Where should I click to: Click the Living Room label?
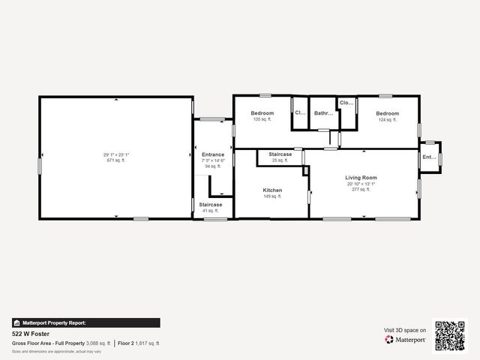(361, 178)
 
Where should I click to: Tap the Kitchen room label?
(272, 190)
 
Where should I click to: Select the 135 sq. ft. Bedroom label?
(262, 113)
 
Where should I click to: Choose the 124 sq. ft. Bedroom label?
(388, 113)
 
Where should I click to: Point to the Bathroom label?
(323, 114)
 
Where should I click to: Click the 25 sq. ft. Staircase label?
(280, 154)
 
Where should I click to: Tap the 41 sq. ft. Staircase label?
(211, 205)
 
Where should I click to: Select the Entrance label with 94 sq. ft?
(213, 155)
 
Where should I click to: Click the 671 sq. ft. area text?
(116, 160)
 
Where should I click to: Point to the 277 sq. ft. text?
(361, 190)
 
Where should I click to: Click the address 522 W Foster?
(27, 333)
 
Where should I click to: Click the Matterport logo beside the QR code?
(406, 340)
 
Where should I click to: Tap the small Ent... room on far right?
(428, 157)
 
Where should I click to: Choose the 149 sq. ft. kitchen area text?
(272, 196)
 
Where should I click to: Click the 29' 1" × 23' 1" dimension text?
(116, 154)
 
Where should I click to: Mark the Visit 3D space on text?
(405, 330)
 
